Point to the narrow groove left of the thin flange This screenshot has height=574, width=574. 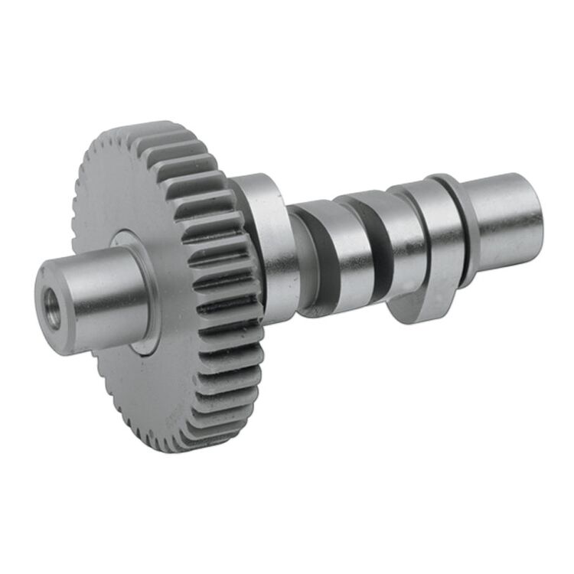pos(435,230)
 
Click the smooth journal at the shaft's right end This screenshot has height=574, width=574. pos(501,218)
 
